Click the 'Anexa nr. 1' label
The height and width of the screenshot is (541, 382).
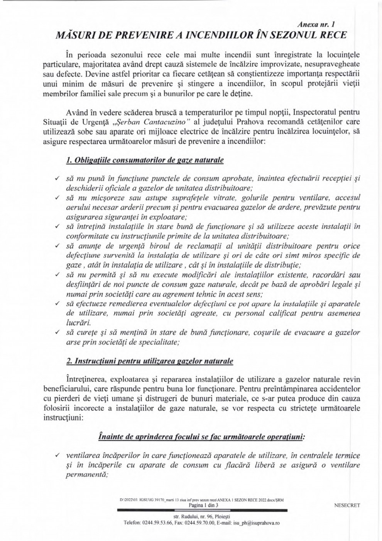pos(323,24)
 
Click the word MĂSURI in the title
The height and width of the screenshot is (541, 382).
pos(76,35)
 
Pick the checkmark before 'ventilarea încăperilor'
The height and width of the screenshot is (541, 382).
pos(57,456)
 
